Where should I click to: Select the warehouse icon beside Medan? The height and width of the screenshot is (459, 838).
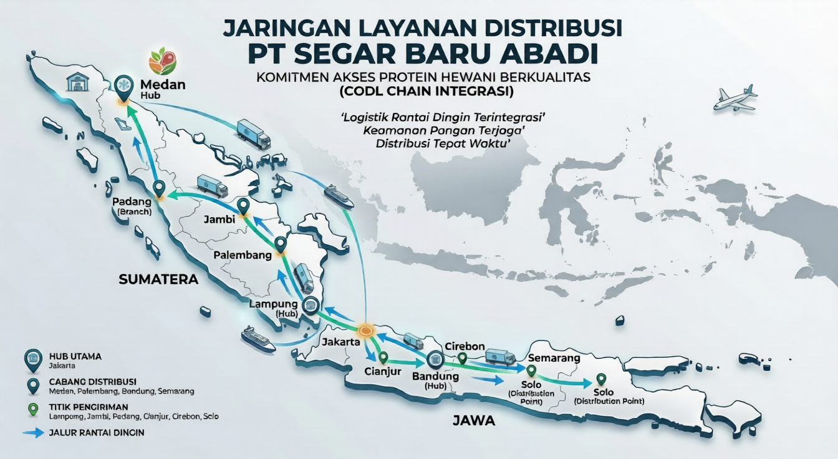pyautogui.click(x=78, y=81)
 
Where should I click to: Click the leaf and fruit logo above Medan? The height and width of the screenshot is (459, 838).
pyautogui.click(x=162, y=62)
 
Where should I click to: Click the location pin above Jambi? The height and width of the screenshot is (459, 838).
pyautogui.click(x=243, y=206)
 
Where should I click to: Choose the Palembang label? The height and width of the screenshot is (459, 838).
pyautogui.click(x=243, y=256)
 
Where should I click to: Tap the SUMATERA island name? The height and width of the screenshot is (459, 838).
pyautogui.click(x=158, y=280)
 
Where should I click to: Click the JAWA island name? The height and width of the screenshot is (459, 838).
pyautogui.click(x=474, y=421)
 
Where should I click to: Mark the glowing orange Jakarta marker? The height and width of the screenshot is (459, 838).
pyautogui.click(x=365, y=331)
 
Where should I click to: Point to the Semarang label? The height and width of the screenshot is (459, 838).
pyautogui.click(x=554, y=359)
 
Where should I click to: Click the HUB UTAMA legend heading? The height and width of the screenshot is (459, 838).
pyautogui.click(x=75, y=356)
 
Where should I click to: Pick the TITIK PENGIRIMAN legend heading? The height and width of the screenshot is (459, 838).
pyautogui.click(x=84, y=406)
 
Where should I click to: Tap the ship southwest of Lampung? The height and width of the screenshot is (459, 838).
pyautogui.click(x=258, y=337)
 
